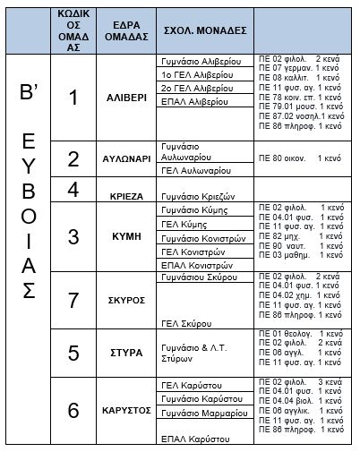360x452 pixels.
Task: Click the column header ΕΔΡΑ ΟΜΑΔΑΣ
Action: click(x=124, y=29)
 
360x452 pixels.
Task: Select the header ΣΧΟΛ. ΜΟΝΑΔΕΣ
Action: click(x=193, y=29)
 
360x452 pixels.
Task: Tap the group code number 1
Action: click(x=75, y=98)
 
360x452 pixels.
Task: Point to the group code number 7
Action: click(x=75, y=301)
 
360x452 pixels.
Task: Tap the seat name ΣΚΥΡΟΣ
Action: click(x=125, y=301)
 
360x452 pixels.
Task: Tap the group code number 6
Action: click(x=75, y=411)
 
